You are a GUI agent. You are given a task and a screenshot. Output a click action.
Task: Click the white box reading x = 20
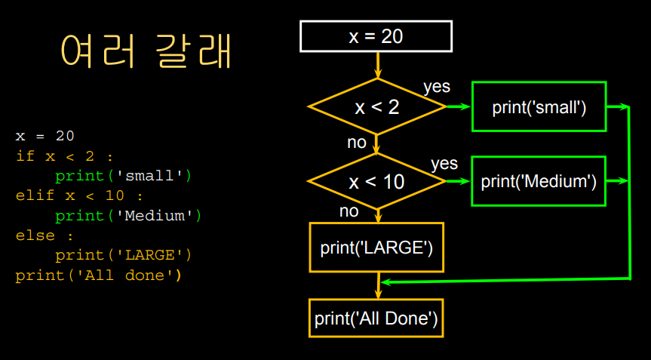click(x=376, y=36)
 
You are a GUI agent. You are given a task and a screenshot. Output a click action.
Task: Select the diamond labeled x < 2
click(x=377, y=106)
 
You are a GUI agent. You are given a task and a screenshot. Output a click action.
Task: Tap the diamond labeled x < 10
click(x=376, y=181)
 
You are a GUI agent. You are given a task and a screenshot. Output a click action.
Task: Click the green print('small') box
click(x=539, y=106)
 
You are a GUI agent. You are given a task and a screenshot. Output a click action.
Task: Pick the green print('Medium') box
click(x=539, y=181)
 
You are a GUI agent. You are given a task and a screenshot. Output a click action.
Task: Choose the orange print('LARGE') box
click(x=376, y=247)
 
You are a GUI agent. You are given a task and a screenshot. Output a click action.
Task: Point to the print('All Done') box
click(x=376, y=318)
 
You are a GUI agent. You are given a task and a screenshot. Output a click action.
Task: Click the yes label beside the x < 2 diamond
click(x=437, y=87)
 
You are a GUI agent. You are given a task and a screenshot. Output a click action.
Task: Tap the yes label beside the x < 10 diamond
click(x=444, y=163)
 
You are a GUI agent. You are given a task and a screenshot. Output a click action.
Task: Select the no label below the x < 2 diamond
click(x=356, y=142)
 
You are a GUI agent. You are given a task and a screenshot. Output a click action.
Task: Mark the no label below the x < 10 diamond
click(x=349, y=211)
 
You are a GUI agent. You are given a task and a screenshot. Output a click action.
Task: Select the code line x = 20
click(x=45, y=137)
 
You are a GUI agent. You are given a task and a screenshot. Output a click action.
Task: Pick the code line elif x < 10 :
click(x=79, y=196)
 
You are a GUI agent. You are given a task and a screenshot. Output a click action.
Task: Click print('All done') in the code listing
click(x=98, y=275)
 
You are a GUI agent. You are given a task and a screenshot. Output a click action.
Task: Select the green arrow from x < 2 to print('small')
click(x=458, y=106)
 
